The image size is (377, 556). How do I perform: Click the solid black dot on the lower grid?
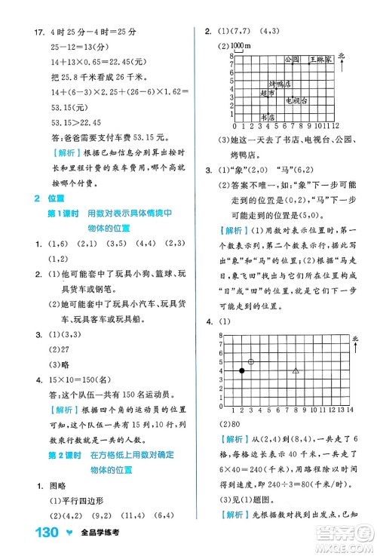point(242,370)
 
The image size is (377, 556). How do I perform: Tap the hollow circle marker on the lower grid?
point(251,361)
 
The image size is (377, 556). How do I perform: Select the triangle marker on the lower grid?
point(296,370)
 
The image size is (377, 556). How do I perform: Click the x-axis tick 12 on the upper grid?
point(336,125)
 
